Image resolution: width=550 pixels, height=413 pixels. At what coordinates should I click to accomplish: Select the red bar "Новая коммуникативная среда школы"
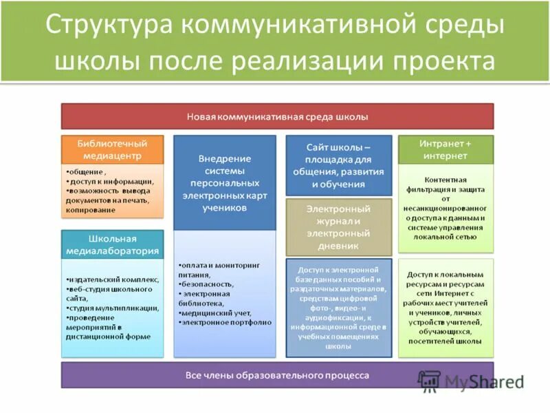pyautogui.click(x=277, y=116)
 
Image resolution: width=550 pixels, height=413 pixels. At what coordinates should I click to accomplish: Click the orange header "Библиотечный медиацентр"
pyautogui.click(x=113, y=149)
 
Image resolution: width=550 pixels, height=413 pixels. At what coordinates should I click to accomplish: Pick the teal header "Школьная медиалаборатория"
pyautogui.click(x=113, y=244)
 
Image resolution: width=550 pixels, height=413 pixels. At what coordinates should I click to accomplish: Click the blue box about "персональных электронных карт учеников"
pyautogui.click(x=225, y=182)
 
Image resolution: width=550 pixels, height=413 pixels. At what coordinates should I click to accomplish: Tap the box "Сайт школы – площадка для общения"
pyautogui.click(x=338, y=165)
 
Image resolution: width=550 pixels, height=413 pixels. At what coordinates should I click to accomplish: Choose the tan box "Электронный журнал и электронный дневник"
pyautogui.click(x=338, y=226)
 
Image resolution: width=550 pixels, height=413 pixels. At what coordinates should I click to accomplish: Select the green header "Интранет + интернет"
pyautogui.click(x=445, y=149)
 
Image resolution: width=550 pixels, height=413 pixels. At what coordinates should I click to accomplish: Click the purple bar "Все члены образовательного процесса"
pyautogui.click(x=277, y=375)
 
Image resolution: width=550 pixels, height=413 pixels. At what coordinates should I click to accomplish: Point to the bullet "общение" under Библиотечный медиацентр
pyautogui.click(x=88, y=171)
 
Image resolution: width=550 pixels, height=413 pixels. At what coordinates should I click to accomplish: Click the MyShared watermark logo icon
pyautogui.click(x=430, y=381)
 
